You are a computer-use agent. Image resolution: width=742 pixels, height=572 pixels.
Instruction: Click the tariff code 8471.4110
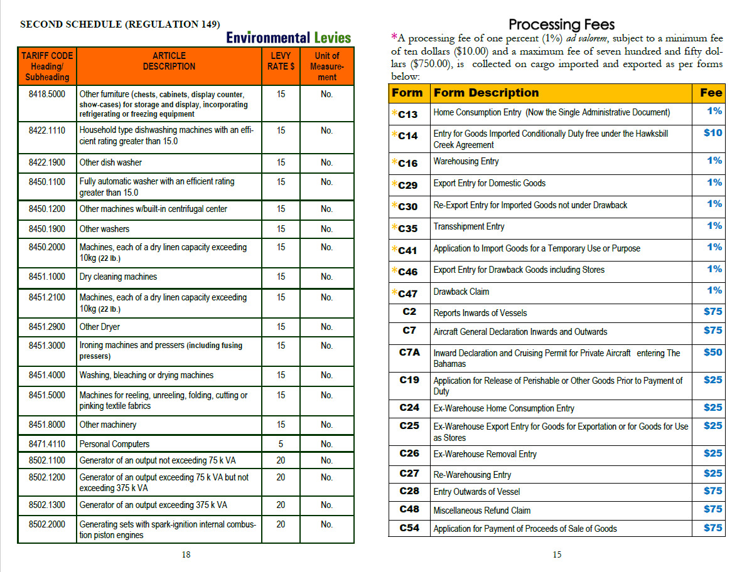tap(47, 444)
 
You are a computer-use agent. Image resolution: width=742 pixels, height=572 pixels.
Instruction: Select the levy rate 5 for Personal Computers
tap(281, 444)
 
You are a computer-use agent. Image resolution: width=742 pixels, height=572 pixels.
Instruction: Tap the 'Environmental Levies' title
tap(288, 38)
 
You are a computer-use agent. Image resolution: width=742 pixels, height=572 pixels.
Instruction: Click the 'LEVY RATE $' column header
tap(281, 61)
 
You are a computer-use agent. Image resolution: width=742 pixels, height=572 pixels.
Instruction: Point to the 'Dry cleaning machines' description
tap(118, 277)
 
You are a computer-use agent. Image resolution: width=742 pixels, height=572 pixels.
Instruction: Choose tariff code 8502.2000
tap(47, 524)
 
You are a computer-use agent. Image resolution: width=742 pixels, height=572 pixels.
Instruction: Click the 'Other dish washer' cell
tap(110, 162)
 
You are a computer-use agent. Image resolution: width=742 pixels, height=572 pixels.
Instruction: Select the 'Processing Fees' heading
tap(561, 24)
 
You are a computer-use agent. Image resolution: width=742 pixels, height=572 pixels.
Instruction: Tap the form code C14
tap(408, 135)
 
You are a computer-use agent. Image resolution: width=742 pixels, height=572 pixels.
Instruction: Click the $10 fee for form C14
tap(712, 133)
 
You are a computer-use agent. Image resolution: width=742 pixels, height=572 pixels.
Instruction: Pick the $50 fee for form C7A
tap(712, 352)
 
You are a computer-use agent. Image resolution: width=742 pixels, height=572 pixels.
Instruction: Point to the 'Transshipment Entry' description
tap(468, 226)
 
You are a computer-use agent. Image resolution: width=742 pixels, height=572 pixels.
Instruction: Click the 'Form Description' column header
tap(486, 93)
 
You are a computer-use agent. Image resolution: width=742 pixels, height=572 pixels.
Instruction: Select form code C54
tap(409, 528)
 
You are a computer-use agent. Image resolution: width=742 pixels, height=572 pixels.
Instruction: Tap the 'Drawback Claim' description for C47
tap(461, 292)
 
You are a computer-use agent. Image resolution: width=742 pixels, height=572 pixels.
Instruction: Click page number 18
tap(186, 554)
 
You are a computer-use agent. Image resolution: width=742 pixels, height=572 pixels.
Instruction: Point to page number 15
tap(557, 554)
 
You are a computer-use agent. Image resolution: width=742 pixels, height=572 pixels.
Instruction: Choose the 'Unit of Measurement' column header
tap(326, 66)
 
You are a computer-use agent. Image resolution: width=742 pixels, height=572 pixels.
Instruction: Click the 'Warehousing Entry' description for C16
tap(466, 161)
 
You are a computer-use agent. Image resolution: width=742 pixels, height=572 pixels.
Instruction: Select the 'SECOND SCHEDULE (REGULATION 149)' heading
tap(120, 24)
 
